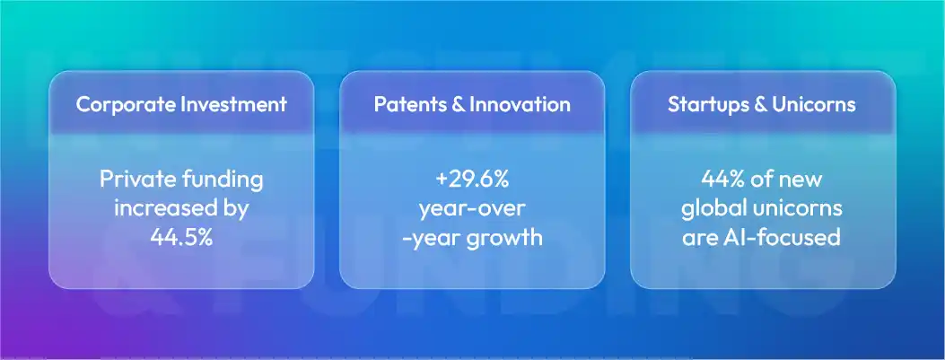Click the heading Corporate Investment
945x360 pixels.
point(181,104)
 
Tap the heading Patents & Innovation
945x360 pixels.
point(472,104)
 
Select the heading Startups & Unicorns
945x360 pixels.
point(762,104)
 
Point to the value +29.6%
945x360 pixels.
point(472,180)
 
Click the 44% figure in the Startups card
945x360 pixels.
point(723,180)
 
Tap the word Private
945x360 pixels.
point(132,180)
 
